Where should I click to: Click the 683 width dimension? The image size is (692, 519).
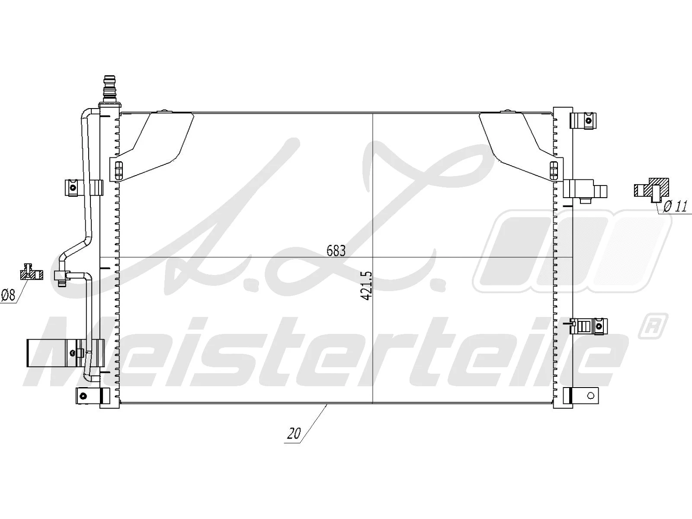[336, 250]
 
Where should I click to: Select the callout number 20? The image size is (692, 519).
[294, 434]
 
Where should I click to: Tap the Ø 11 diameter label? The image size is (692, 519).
[675, 206]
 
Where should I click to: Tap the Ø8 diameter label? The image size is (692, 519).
[8, 295]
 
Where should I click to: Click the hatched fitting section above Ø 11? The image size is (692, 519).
[651, 189]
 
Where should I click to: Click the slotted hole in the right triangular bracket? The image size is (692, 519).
[553, 170]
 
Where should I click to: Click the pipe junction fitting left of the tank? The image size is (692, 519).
[60, 276]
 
